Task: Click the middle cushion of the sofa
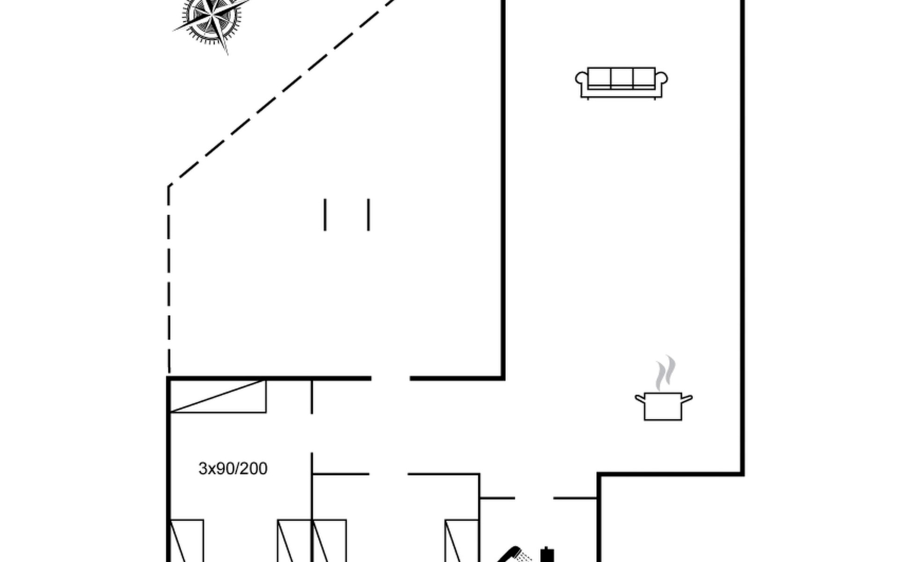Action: [x=622, y=77]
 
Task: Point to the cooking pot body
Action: [x=663, y=407]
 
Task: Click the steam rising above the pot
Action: [x=665, y=372]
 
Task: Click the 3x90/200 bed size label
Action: [x=233, y=468]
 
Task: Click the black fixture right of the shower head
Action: [x=547, y=555]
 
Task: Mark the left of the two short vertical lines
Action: [x=325, y=214]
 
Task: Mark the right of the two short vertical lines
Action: [x=368, y=214]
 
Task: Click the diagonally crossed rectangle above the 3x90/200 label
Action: [x=218, y=396]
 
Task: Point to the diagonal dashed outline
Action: [x=281, y=94]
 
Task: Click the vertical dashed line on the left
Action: [x=169, y=281]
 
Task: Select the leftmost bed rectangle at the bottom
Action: [x=186, y=540]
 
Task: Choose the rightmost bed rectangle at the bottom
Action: [x=461, y=540]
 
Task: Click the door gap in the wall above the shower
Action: [x=534, y=498]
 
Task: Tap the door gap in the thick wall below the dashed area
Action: [x=391, y=378]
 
